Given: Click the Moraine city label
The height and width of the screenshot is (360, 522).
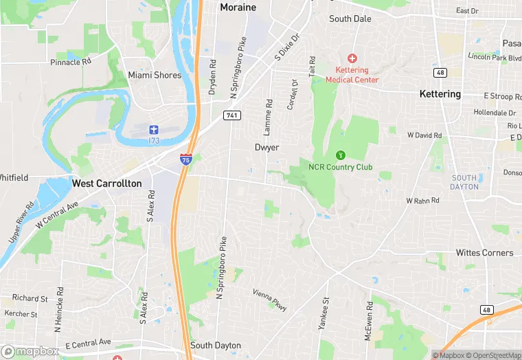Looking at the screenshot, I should coord(238,8).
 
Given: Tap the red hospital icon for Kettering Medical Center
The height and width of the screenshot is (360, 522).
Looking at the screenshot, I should coord(352,58).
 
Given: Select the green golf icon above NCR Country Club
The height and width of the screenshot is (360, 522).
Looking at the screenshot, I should coord(339,155).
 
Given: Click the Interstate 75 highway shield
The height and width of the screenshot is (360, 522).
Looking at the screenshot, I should coord(186,159).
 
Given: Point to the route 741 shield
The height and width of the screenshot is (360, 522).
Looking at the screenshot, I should coord(231,116).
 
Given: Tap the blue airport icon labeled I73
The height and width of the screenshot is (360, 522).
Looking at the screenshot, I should coord(154,129).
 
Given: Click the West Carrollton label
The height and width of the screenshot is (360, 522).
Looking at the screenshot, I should coord(106,183).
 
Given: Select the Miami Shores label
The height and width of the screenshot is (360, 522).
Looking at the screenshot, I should coord(155,75).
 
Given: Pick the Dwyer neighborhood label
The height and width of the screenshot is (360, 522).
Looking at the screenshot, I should coord(267,148).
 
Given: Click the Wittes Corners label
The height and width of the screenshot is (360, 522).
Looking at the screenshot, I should coord(484,253).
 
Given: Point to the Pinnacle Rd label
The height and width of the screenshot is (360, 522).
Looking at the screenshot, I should coord(71,62).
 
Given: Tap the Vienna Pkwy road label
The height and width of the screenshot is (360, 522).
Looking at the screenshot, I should coord(269,299).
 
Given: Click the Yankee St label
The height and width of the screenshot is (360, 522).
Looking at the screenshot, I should coord(324,313).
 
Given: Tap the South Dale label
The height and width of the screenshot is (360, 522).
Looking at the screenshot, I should coord(350,19).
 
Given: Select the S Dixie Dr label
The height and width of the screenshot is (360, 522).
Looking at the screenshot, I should coord(288,47).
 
